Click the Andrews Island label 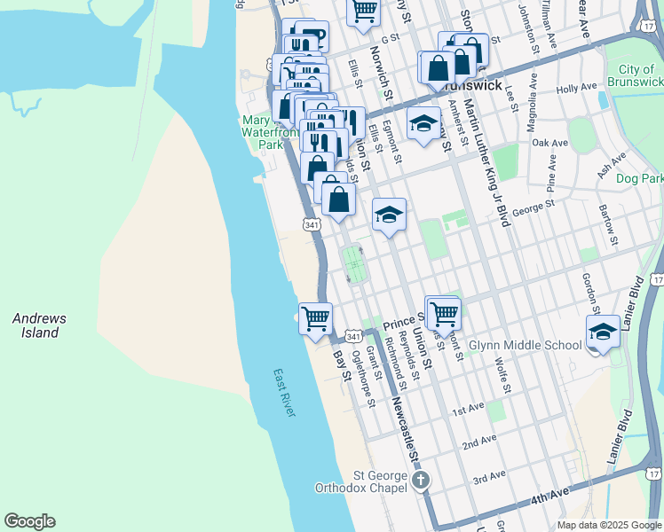(39, 325)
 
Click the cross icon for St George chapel (421, 481)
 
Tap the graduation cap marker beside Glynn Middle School (603, 332)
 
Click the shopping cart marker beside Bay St (316, 318)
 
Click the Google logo (29, 521)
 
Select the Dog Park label (639, 179)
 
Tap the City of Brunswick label (636, 74)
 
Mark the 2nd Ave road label (478, 442)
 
